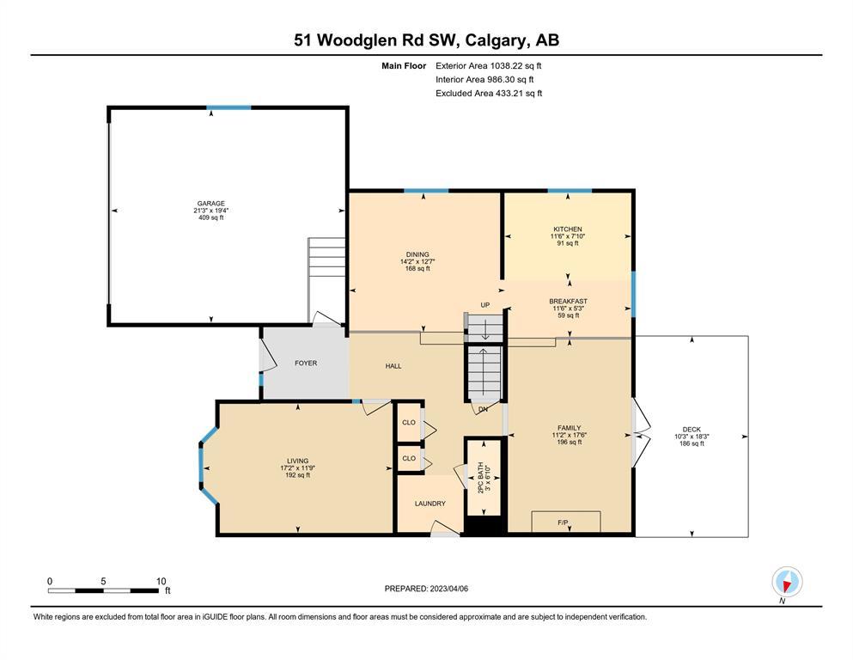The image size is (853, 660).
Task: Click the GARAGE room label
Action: pos(211,204)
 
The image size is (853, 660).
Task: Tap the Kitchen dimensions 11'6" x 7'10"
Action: pos(568,236)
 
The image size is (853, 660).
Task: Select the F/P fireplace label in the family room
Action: pos(563,522)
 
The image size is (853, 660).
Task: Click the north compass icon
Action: pos(787,582)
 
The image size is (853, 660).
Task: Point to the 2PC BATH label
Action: pos(480,478)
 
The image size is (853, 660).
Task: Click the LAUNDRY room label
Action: pos(430,504)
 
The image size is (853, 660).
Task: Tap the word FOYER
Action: pos(306,363)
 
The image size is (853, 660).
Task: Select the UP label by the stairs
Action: pos(484,305)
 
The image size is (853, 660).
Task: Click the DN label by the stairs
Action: pos(483,409)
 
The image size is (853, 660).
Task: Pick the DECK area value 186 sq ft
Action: pos(692,443)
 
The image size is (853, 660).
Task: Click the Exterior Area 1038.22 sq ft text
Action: pos(489,66)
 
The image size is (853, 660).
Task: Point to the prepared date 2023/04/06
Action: pos(448,589)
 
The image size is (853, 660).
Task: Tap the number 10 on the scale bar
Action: pos(161,581)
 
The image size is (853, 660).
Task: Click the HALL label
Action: pos(393,366)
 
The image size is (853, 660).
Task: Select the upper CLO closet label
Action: pos(409,422)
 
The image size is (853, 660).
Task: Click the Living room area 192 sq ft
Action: pos(297,475)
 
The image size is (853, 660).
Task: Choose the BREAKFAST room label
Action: pos(568,301)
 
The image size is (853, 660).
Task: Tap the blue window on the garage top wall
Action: pos(228,107)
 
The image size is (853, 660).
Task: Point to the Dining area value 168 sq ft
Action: pos(417,268)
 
